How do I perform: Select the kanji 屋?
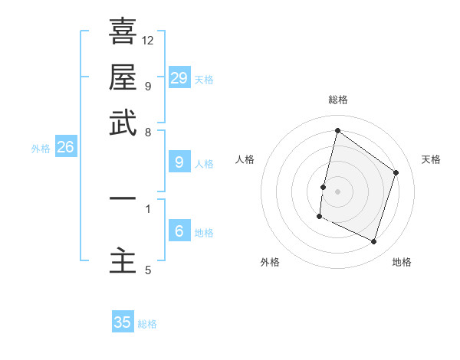(123, 77)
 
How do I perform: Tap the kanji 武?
(123, 123)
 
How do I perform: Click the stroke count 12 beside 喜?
(148, 40)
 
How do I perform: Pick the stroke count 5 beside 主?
(148, 270)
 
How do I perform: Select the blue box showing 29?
(179, 78)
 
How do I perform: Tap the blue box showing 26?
(65, 148)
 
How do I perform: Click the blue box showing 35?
(123, 322)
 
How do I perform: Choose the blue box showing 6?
(179, 232)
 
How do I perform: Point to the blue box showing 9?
(179, 162)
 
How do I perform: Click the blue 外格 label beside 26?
(41, 149)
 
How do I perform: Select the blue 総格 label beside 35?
(147, 324)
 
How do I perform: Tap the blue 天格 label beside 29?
(204, 80)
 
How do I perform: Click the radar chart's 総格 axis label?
(337, 100)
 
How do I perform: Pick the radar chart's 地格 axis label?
(402, 262)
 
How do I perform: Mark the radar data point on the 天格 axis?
(396, 172)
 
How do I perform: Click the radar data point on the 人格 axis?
(323, 187)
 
